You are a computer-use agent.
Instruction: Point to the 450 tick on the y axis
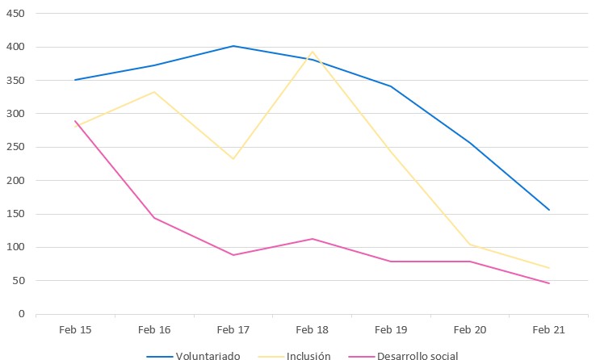[x=15, y=14]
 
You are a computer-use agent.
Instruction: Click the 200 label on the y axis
[x=15, y=181]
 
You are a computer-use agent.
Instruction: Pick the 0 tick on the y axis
[x=23, y=314]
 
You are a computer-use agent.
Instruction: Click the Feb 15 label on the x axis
[x=75, y=329]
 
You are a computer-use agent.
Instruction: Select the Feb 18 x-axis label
[x=313, y=329]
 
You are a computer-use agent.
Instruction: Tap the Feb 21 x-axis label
[x=549, y=329]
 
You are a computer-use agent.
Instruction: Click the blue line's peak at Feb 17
[x=233, y=46]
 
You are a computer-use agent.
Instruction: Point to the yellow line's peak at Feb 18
[x=313, y=52]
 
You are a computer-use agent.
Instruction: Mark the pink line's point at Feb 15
[x=75, y=121]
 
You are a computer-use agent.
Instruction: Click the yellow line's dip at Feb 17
[x=233, y=159]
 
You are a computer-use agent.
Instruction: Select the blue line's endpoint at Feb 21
[x=549, y=210]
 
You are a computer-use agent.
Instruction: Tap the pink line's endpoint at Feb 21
[x=549, y=283]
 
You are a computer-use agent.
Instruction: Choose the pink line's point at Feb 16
[x=154, y=218]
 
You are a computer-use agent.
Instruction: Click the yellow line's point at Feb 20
[x=470, y=245]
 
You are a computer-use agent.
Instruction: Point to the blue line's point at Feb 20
[x=470, y=144]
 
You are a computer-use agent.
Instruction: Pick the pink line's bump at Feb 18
[x=313, y=239]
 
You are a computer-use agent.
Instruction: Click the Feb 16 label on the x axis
[x=154, y=329]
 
